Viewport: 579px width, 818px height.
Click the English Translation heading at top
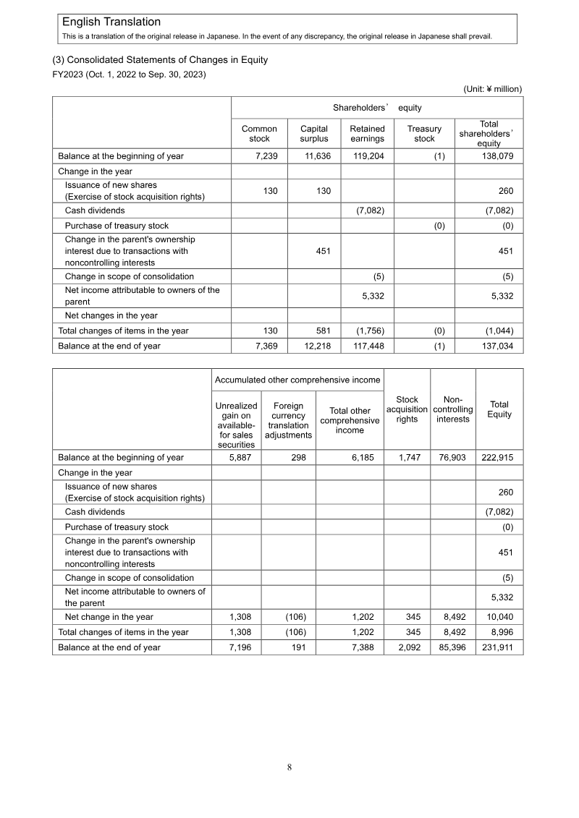coord(111,22)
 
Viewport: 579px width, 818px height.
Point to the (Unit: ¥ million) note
coord(492,89)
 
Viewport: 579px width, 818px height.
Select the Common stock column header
coord(259,134)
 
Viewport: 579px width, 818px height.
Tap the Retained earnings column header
coord(367,134)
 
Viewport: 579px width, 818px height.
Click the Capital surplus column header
coord(313,134)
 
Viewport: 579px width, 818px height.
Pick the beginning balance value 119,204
coord(368,156)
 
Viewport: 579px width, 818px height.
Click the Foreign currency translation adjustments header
coord(287,420)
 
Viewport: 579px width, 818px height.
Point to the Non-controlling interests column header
coord(453,409)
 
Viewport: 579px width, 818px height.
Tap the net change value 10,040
coord(499,617)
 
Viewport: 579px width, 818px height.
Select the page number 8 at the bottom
coord(289,767)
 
